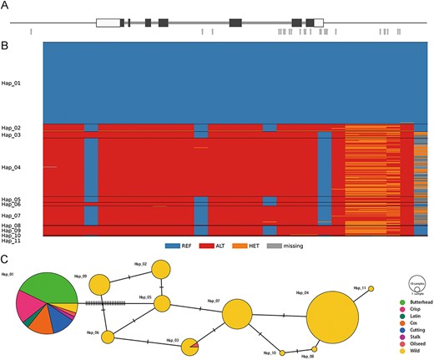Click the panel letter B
tap(6, 38)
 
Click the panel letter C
tap(6, 248)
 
